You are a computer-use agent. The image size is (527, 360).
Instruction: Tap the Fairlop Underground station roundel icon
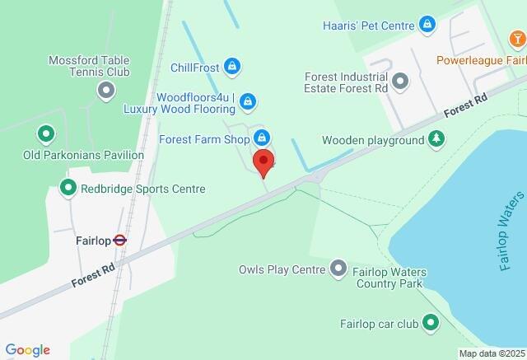click(120, 241)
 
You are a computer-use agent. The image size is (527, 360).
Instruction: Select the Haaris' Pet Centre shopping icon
click(427, 25)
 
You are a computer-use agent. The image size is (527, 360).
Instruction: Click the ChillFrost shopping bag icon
click(232, 67)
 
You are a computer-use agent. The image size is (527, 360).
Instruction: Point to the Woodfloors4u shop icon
click(249, 102)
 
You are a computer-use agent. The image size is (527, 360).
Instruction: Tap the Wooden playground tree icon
click(436, 140)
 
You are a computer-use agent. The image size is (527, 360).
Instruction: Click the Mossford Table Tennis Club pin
click(105, 90)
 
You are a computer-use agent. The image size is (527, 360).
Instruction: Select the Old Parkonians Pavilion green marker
click(46, 133)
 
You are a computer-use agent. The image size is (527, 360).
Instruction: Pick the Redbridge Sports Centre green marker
click(68, 189)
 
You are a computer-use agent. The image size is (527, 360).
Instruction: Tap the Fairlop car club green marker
click(430, 324)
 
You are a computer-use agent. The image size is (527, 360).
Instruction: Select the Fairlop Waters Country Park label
click(388, 277)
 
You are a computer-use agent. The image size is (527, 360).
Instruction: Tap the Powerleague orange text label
click(481, 60)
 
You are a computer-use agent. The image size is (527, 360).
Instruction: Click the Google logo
click(27, 350)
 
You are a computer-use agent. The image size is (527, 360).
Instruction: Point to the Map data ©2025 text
click(490, 353)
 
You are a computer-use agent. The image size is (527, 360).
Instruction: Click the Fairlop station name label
click(93, 241)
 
